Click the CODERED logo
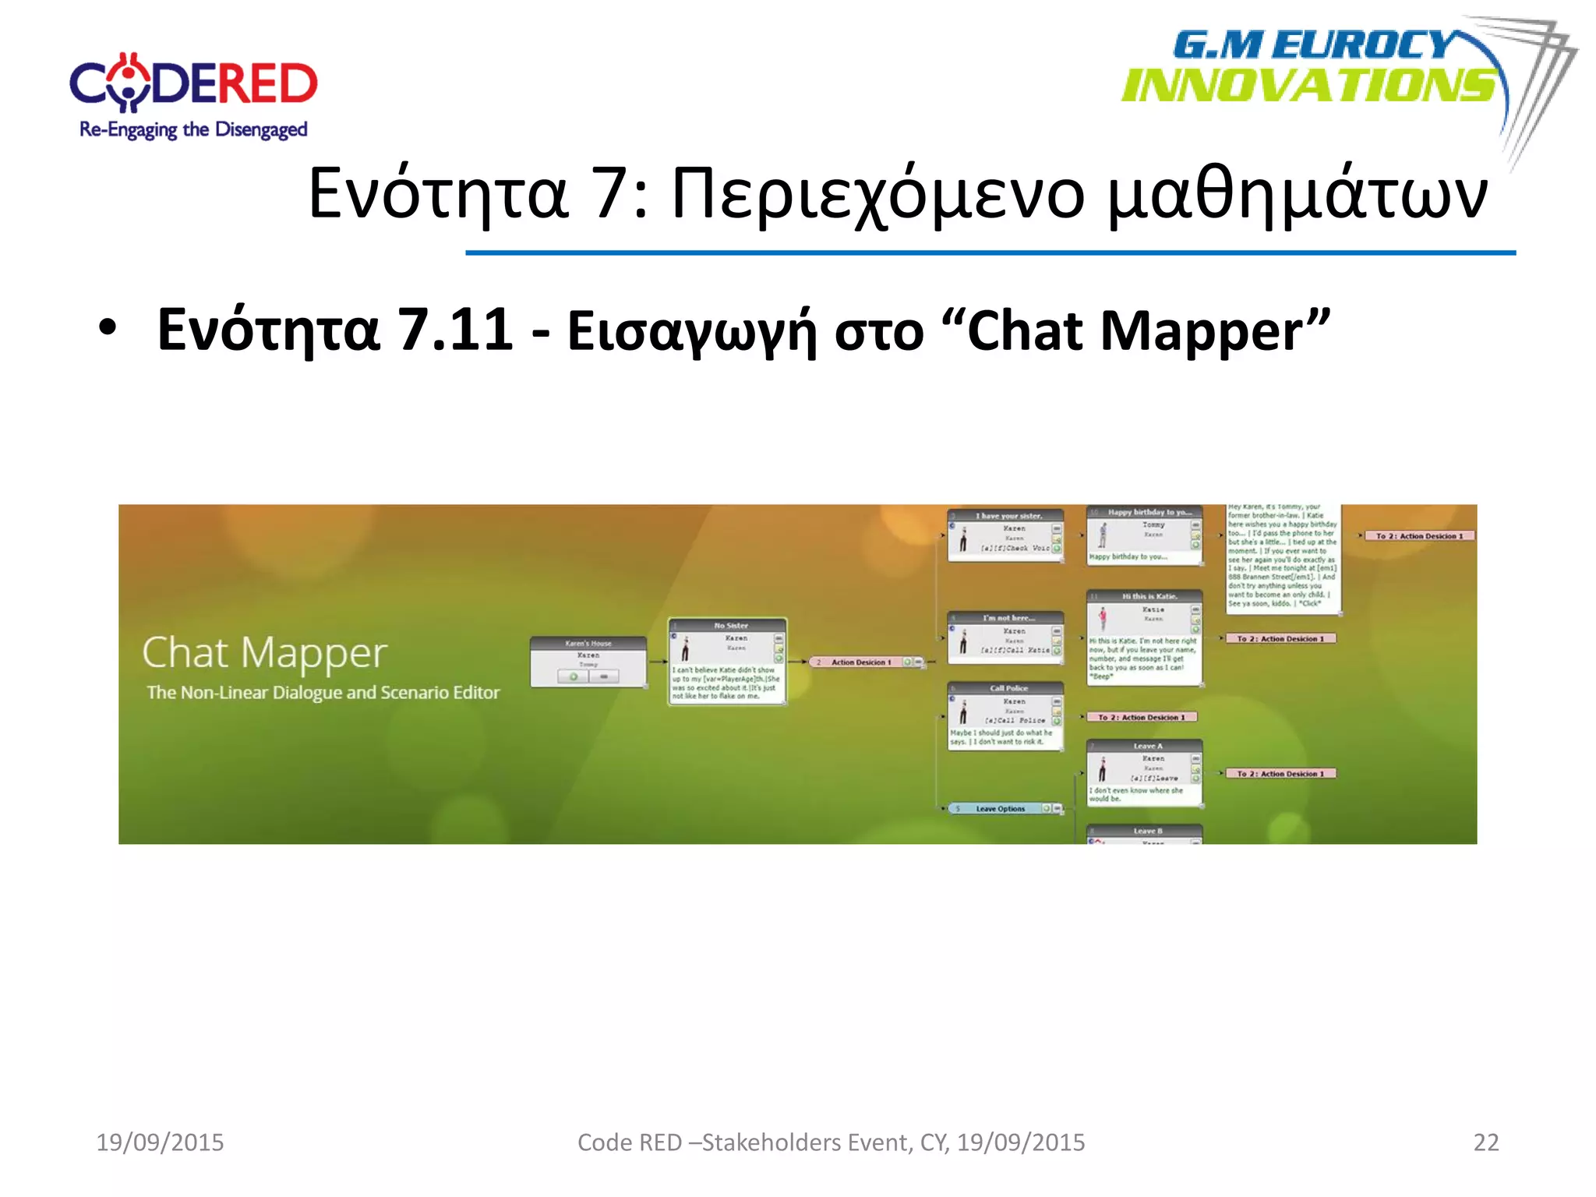[193, 83]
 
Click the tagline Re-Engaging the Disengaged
[193, 129]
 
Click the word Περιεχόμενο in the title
[877, 195]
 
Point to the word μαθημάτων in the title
[1297, 195]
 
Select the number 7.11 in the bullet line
[455, 330]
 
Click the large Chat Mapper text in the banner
[265, 653]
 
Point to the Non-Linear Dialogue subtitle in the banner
[323, 692]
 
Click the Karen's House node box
[588, 662]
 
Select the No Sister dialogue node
[727, 662]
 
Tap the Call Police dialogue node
[1005, 715]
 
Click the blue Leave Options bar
[1001, 809]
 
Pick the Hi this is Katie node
[1144, 637]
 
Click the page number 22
[1485, 1142]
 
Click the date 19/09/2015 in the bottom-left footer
[160, 1142]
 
